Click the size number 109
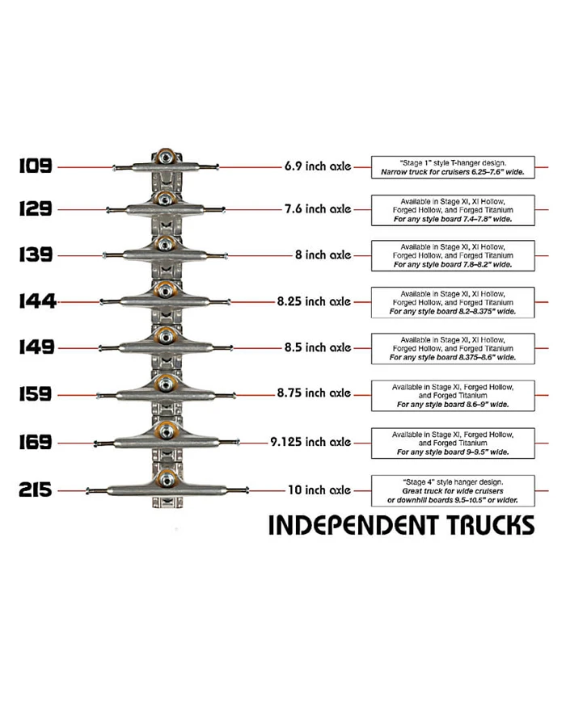tap(36, 166)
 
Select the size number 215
tap(36, 490)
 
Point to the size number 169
tap(36, 442)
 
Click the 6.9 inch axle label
tap(317, 166)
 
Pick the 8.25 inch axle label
tap(313, 301)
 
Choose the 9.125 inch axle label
tap(310, 442)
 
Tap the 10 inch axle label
tap(319, 490)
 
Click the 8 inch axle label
tap(323, 254)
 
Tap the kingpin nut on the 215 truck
tap(166, 479)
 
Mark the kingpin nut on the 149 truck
tap(166, 335)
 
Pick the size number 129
tap(36, 208)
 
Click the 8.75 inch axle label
tap(314, 393)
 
